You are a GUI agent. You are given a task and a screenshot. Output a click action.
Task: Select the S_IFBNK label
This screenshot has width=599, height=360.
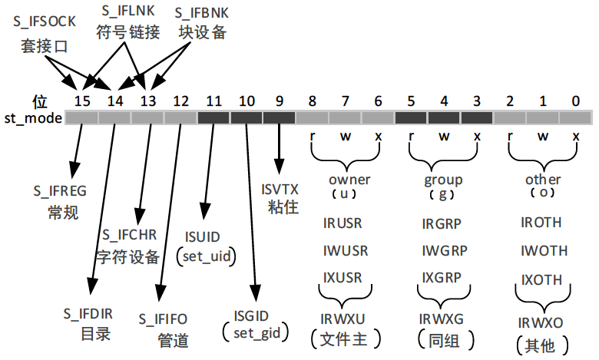pyautogui.click(x=202, y=12)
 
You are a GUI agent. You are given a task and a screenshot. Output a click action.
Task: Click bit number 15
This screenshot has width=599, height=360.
pyautogui.click(x=82, y=101)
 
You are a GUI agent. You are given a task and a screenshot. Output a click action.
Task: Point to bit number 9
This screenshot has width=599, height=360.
pyautogui.click(x=279, y=101)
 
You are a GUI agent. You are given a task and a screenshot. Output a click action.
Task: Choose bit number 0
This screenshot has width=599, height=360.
pyautogui.click(x=576, y=101)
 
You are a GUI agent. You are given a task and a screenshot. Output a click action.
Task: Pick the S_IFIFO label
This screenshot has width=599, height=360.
pyautogui.click(x=163, y=318)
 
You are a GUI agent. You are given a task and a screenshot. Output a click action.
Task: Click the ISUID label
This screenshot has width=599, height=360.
pyautogui.click(x=205, y=236)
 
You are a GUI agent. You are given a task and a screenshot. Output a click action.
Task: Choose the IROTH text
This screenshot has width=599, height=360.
pyautogui.click(x=541, y=223)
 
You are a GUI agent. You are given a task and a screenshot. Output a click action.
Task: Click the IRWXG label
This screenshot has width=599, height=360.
pyautogui.click(x=442, y=317)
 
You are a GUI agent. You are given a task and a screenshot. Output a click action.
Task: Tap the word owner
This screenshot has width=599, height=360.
pyautogui.click(x=349, y=180)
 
